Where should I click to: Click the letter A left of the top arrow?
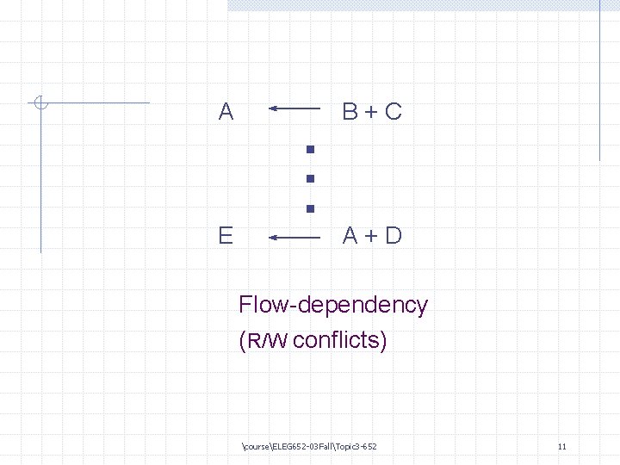pos(226,111)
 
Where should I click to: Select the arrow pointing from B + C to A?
pos(294,109)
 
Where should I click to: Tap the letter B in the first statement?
pos(350,111)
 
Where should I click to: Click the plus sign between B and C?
pos(372,112)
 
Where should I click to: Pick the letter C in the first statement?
pos(394,111)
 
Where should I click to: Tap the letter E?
pos(226,235)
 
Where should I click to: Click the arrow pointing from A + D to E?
pos(294,235)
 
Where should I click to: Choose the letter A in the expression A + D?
pos(350,235)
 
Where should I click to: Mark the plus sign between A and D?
pos(372,236)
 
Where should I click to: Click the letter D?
pos(394,235)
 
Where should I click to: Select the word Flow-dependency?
pos(332,305)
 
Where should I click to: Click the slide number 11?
pos(561,447)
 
